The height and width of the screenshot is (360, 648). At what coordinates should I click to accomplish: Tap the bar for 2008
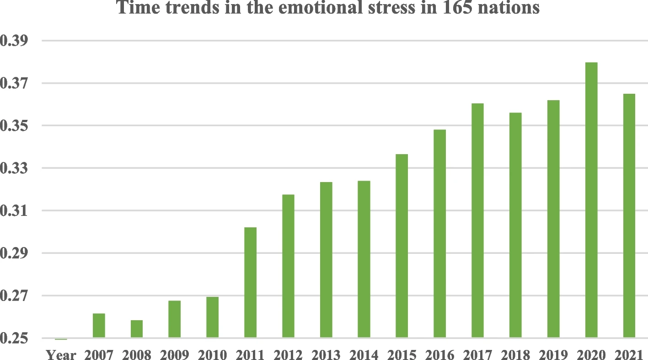click(136, 329)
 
